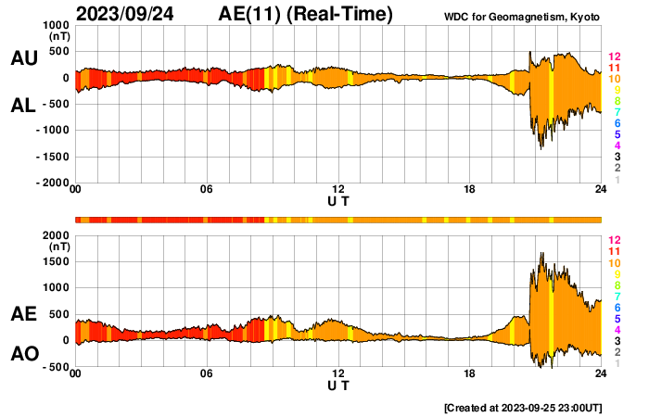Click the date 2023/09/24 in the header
(x=130, y=14)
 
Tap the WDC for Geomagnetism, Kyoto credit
(x=522, y=16)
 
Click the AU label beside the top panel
(x=23, y=58)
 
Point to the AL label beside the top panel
(x=23, y=106)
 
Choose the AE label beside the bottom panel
(x=23, y=314)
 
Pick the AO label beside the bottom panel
(x=23, y=354)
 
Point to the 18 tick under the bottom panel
(x=470, y=373)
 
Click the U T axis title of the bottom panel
(x=338, y=385)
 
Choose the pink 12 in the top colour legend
(x=613, y=57)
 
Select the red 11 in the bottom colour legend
(x=613, y=251)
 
